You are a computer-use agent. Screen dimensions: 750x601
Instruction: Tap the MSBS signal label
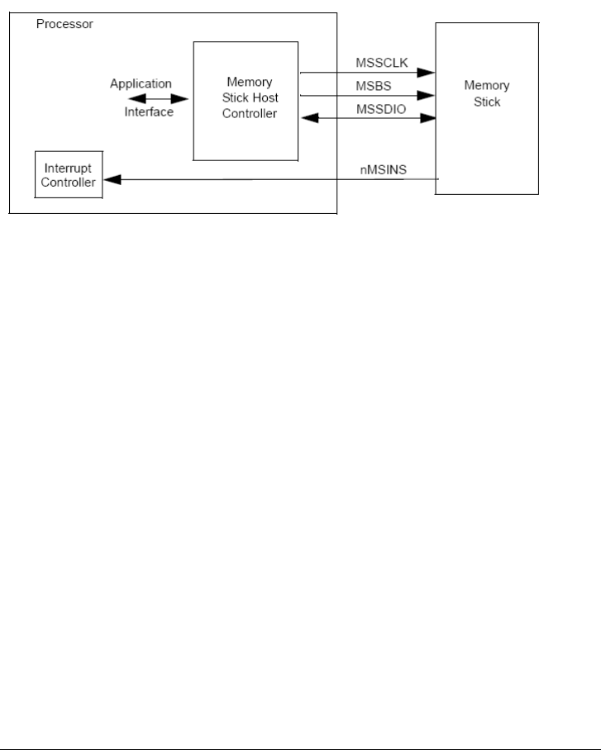(367, 85)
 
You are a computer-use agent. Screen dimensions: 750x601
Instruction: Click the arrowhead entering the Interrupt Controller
(108, 179)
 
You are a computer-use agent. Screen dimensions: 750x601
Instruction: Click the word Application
(141, 83)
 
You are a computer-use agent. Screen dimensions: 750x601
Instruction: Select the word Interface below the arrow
(149, 112)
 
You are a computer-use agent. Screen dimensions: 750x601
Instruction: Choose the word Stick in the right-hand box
(487, 102)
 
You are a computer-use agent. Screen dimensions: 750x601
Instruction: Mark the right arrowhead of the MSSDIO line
(429, 119)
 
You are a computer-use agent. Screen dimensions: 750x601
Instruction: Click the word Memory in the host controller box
(246, 83)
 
